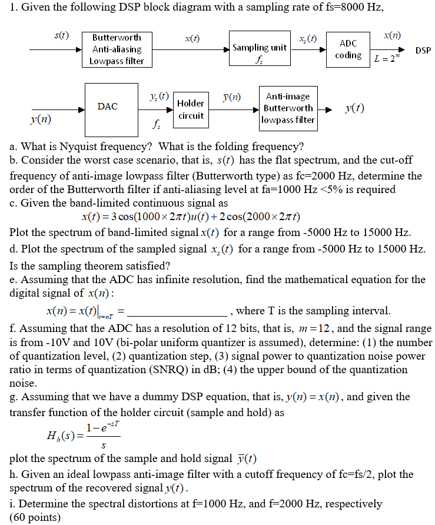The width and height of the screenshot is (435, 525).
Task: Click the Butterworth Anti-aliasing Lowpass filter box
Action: pos(117,49)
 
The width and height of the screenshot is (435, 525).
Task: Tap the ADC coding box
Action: pos(348,49)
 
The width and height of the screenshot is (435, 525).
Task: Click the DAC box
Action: pos(108,107)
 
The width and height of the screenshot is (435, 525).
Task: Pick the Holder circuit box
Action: pos(191,109)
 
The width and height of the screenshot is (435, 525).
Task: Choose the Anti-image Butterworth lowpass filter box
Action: pos(288,108)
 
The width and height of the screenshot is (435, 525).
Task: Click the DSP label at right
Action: pos(423,51)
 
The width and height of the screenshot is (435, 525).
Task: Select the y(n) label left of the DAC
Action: pos(41,119)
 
